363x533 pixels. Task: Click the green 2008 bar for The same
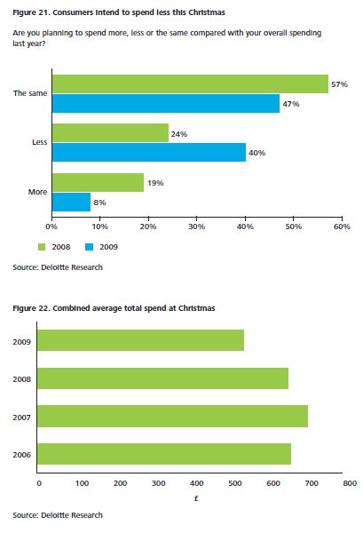point(190,84)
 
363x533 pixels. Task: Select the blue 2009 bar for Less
point(149,152)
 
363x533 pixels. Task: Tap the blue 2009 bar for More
point(71,202)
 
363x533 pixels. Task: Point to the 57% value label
point(339,84)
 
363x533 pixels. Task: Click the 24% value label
point(179,134)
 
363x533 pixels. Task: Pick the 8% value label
point(99,203)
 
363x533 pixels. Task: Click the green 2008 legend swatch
point(42,247)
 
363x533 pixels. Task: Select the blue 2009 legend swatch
point(89,247)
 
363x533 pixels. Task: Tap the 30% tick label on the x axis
point(197,227)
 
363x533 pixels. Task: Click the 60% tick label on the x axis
point(342,227)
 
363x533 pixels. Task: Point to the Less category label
point(39,142)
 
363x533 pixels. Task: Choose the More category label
point(37,192)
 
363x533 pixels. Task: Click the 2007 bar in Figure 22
point(172,416)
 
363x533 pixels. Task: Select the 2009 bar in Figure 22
point(140,340)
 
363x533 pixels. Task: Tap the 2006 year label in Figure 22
point(21,455)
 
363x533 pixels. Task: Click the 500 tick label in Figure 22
point(235,483)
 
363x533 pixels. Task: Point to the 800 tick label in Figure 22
point(350,483)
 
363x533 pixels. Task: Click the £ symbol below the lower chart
point(196,498)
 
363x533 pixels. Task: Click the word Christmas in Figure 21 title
point(207,12)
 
